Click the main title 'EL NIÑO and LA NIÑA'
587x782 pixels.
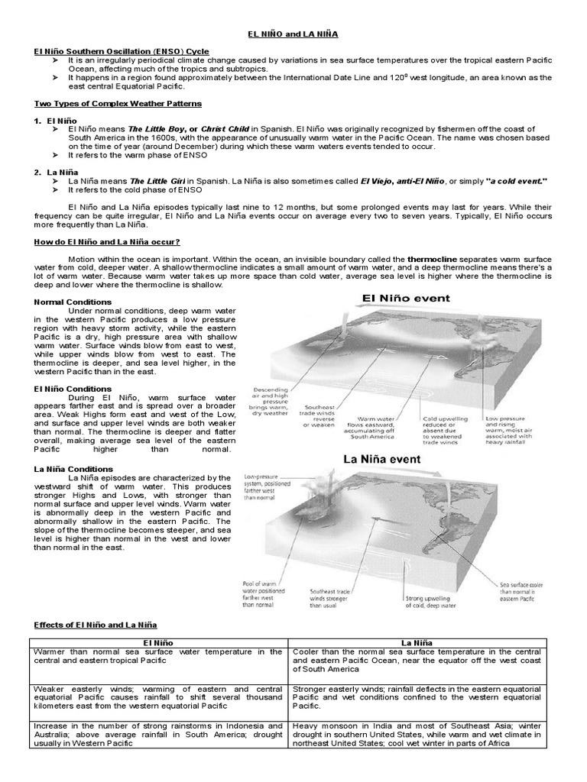(x=293, y=34)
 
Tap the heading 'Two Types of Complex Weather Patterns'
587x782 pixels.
(x=118, y=103)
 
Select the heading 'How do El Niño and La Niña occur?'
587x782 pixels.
(x=107, y=242)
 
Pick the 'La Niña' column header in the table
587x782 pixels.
(x=417, y=644)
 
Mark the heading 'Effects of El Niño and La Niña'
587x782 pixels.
(x=99, y=624)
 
